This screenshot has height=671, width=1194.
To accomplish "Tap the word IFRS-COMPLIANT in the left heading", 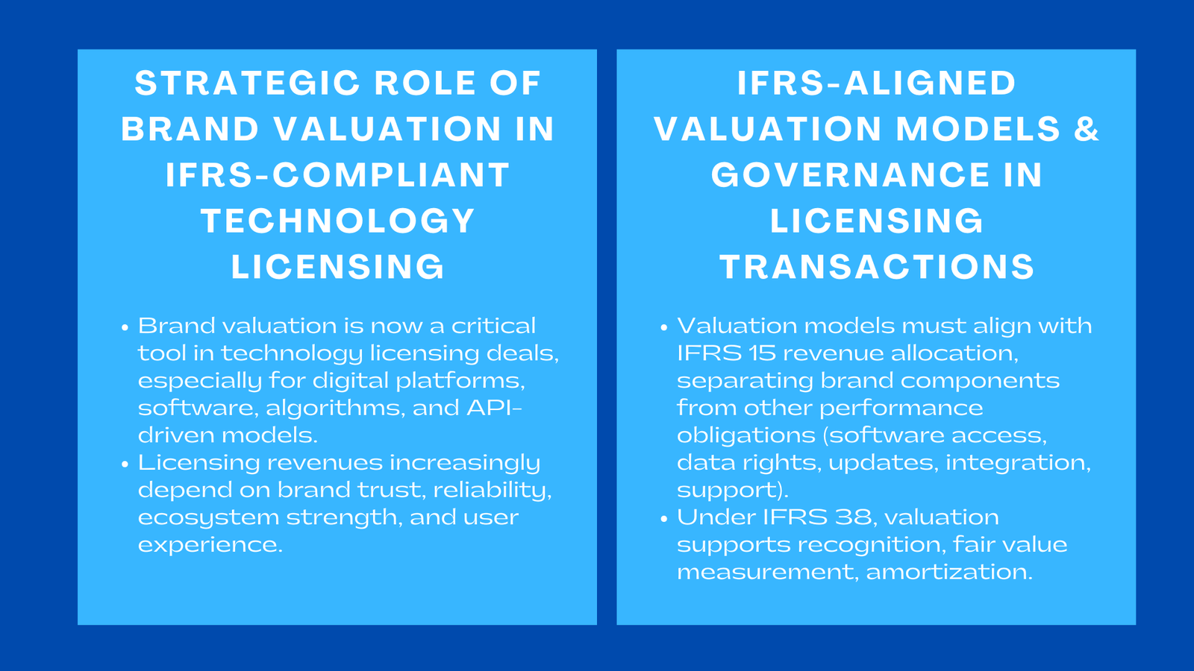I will click(x=337, y=176).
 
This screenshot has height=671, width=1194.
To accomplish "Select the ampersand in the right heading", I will click(x=1087, y=129).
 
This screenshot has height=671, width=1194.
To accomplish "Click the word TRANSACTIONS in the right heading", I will click(x=877, y=268).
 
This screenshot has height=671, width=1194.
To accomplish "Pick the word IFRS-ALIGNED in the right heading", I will click(x=877, y=84).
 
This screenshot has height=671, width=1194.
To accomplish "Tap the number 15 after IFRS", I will click(x=762, y=353).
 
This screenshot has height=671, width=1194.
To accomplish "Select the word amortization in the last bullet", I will click(x=948, y=572).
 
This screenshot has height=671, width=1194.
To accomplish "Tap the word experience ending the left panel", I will click(x=210, y=545).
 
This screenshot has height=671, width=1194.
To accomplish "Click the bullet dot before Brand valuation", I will click(x=125, y=327).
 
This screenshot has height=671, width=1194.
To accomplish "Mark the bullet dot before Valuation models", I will click(x=664, y=327).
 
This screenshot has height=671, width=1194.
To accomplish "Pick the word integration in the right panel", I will click(x=1017, y=463).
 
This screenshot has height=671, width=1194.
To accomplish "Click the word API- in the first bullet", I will click(x=494, y=408).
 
